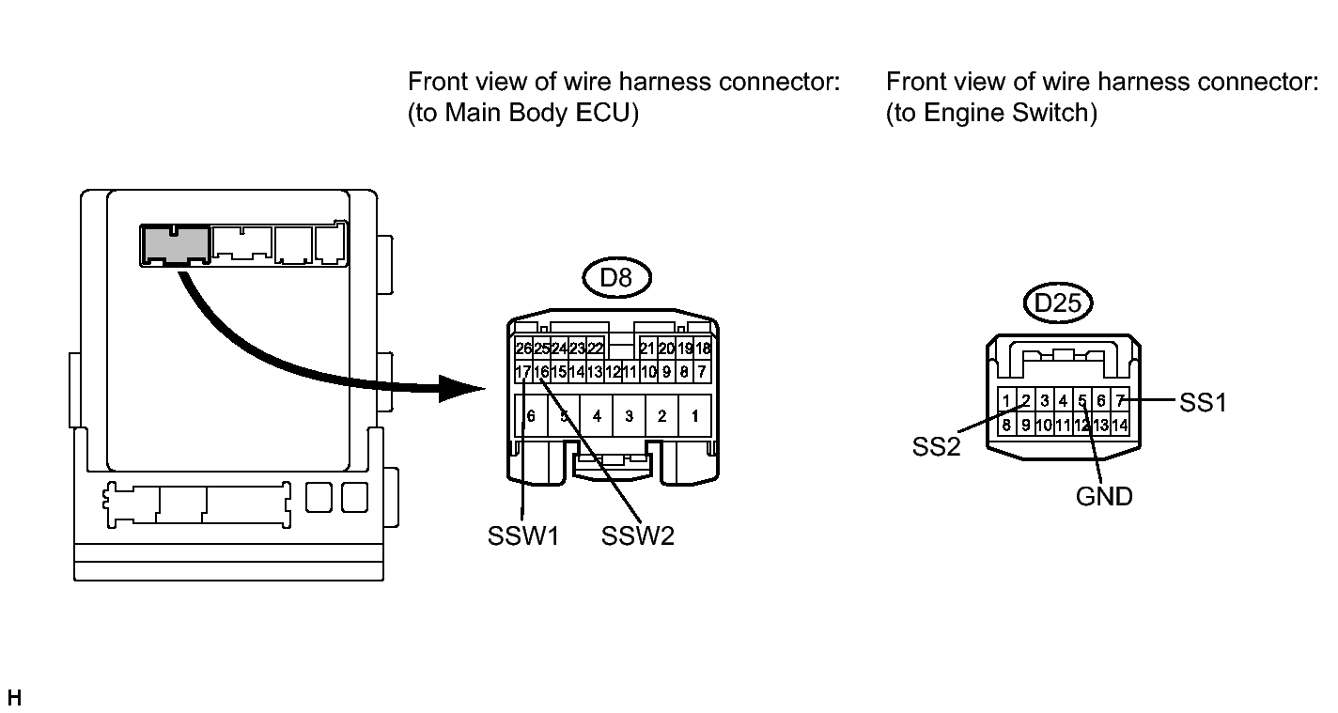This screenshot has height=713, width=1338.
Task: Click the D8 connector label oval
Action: point(616,278)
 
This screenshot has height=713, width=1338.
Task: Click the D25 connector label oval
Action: point(1057,302)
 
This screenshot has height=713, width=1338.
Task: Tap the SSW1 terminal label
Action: point(523,535)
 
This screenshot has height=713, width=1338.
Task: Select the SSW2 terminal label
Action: point(637,535)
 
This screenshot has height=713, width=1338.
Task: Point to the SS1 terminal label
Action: point(1203,403)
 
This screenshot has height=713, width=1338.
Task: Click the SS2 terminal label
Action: point(936,446)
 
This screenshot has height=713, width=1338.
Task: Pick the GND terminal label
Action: point(1104,496)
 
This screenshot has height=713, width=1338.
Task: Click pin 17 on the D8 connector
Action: point(523,371)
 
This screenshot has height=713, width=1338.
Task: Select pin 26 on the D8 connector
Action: point(523,349)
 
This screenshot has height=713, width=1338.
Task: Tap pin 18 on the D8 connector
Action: point(703,349)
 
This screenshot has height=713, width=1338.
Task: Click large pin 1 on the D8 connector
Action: point(694,415)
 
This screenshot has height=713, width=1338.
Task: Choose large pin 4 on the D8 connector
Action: point(597,415)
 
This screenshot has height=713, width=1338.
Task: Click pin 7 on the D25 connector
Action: point(1120,399)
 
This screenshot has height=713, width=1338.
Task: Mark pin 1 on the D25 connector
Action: point(1006,399)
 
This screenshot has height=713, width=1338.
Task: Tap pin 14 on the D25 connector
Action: point(1120,425)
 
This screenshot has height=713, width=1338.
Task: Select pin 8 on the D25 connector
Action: point(1006,425)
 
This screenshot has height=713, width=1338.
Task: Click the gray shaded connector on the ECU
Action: point(175,245)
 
